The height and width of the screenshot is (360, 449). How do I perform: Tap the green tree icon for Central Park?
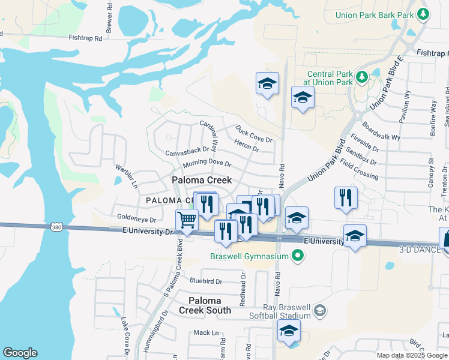click(x=361, y=77)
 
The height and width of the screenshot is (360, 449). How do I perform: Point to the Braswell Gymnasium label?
click(x=249, y=257)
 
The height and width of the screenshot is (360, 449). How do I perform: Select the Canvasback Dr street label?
click(x=187, y=151)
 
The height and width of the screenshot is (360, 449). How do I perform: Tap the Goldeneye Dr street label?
click(x=136, y=220)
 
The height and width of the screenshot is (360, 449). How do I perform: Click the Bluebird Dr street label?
click(x=205, y=281)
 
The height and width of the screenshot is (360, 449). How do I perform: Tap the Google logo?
click(x=20, y=353)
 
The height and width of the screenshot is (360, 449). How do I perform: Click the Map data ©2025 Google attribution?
click(x=411, y=355)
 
